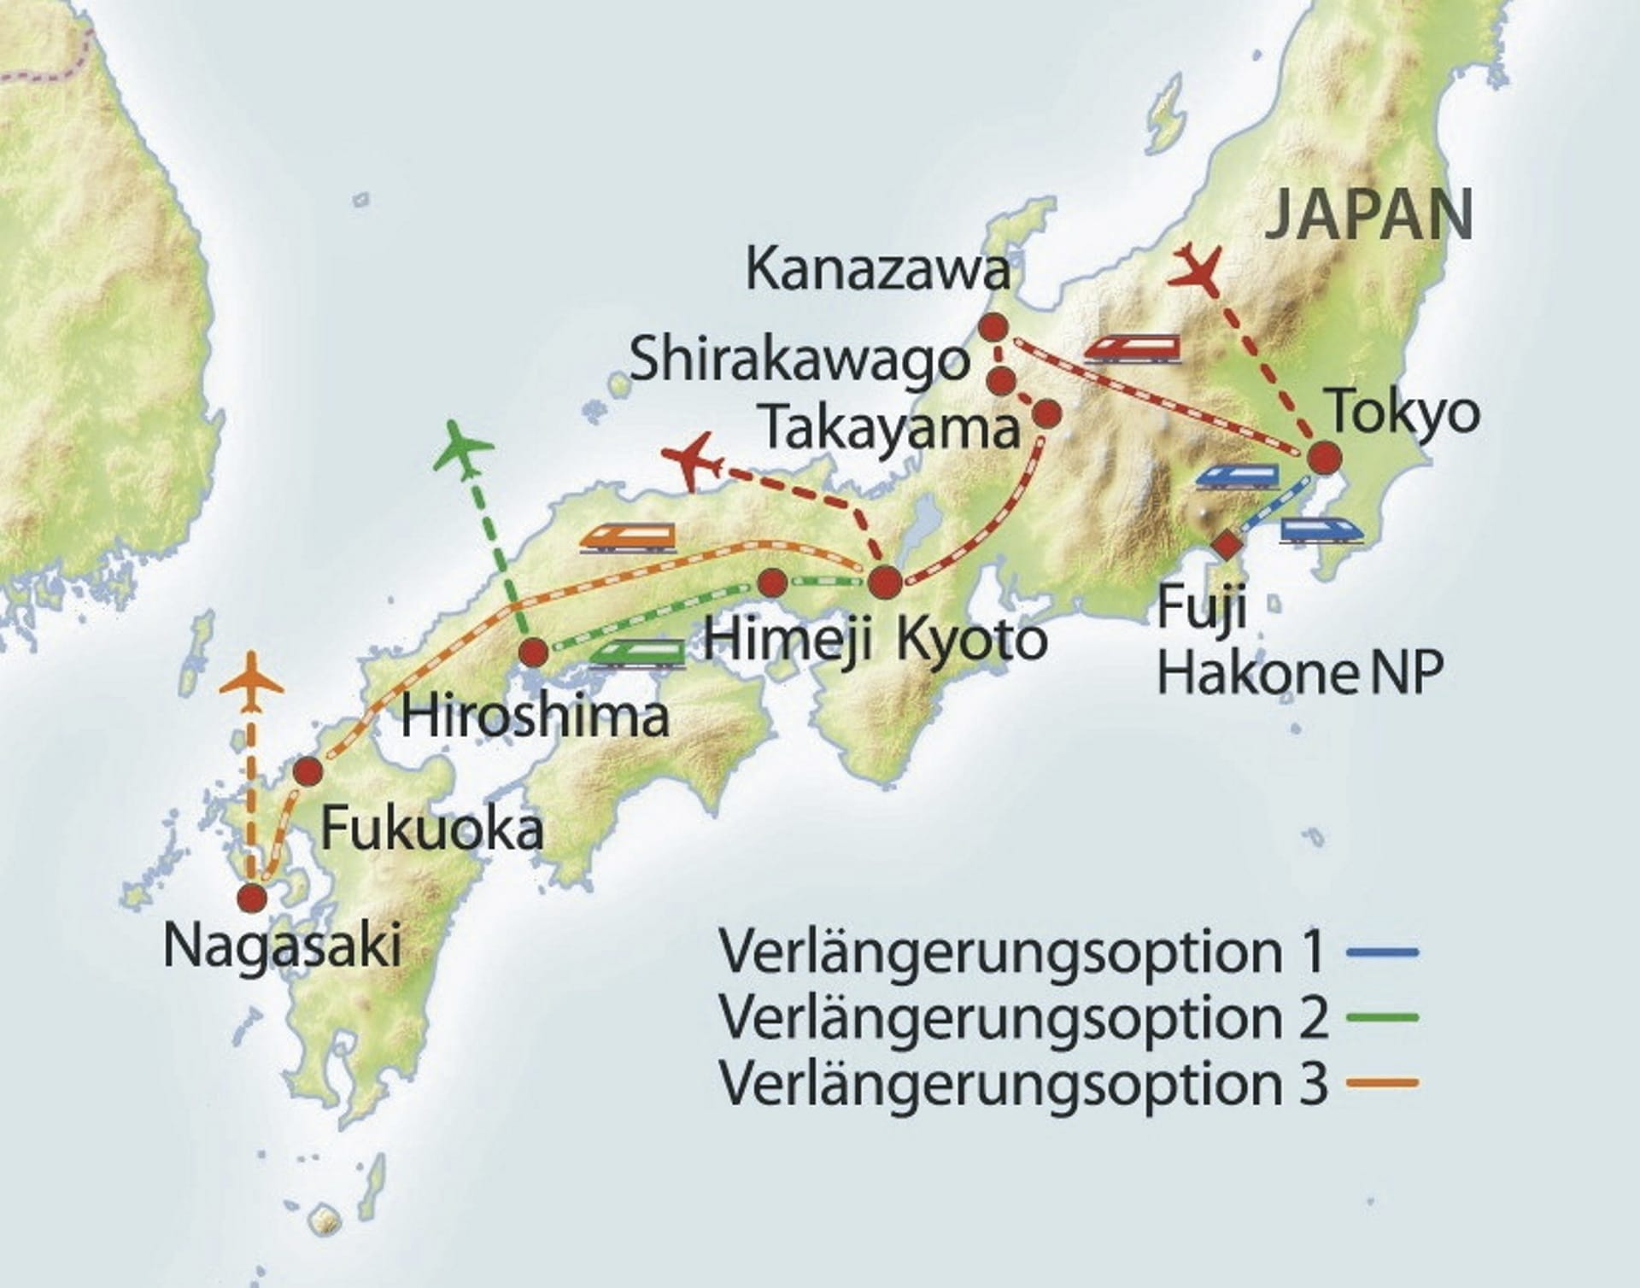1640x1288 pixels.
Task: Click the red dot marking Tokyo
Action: (1325, 459)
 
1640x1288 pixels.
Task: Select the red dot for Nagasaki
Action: (252, 898)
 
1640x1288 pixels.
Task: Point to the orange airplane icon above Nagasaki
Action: (251, 682)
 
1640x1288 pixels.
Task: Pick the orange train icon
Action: (628, 538)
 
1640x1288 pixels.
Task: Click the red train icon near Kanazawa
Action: (1133, 348)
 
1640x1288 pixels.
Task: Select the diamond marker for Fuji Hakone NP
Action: (1227, 544)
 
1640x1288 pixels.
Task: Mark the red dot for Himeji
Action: (772, 583)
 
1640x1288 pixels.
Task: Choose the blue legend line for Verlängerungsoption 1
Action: (1382, 951)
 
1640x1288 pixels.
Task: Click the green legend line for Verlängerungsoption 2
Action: (1382, 1017)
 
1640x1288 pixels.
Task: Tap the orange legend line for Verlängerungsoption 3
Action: (1382, 1083)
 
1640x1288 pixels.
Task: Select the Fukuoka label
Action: (431, 828)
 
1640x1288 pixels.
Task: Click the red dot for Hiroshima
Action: (534, 653)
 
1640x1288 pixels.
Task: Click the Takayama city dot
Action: (1047, 414)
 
